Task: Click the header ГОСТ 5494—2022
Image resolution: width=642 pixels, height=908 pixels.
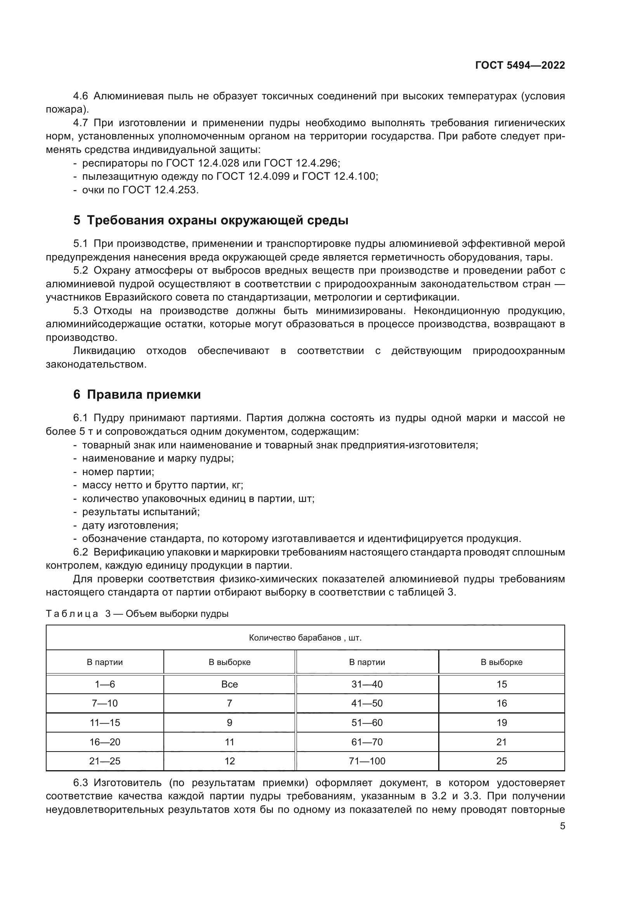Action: [x=520, y=66]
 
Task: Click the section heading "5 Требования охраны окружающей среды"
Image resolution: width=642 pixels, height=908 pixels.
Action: [x=211, y=220]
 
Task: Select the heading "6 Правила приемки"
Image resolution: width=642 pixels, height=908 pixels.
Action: [x=137, y=395]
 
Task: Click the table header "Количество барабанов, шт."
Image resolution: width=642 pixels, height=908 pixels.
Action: [x=305, y=638]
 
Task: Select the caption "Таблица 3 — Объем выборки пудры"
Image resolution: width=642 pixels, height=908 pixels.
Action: [x=137, y=614]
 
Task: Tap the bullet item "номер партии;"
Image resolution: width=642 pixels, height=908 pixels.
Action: [x=118, y=472]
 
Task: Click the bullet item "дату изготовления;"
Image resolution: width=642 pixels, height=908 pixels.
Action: [x=130, y=526]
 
